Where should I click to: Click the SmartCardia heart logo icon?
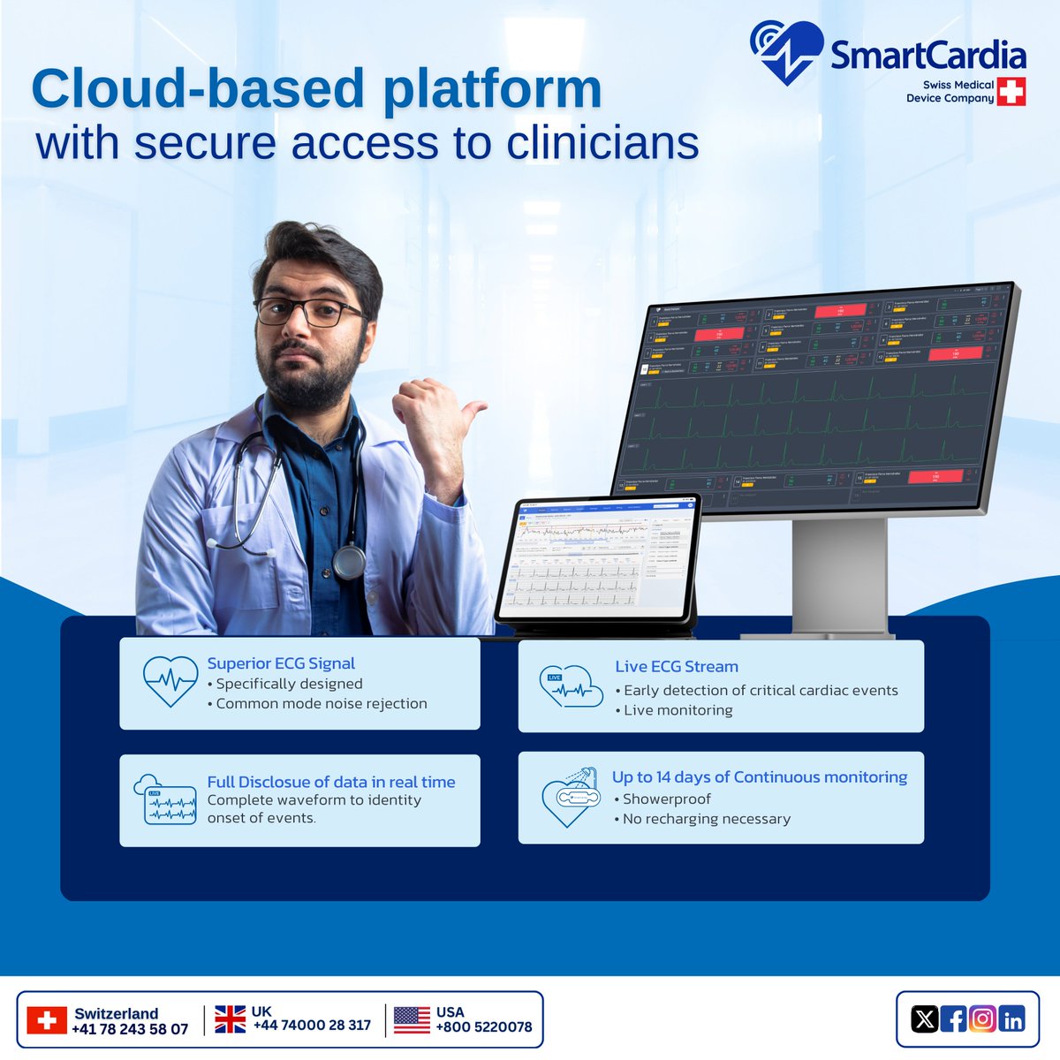click(x=785, y=53)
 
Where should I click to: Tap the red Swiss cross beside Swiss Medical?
click(x=1011, y=91)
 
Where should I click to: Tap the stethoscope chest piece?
click(x=349, y=560)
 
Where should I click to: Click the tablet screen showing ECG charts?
click(x=597, y=558)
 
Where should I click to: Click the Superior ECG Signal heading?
click(x=281, y=663)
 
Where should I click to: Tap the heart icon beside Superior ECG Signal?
click(x=170, y=681)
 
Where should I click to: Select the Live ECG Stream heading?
click(x=677, y=667)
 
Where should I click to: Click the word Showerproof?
click(x=666, y=799)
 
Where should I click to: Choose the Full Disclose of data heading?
click(x=331, y=782)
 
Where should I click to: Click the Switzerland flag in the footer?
click(x=47, y=1020)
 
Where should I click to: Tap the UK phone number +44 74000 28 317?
click(x=312, y=1026)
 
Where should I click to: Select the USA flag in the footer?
click(x=412, y=1019)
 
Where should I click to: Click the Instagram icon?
click(x=983, y=1019)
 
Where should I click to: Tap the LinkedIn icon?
click(x=1012, y=1019)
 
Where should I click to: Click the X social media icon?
click(x=924, y=1019)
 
